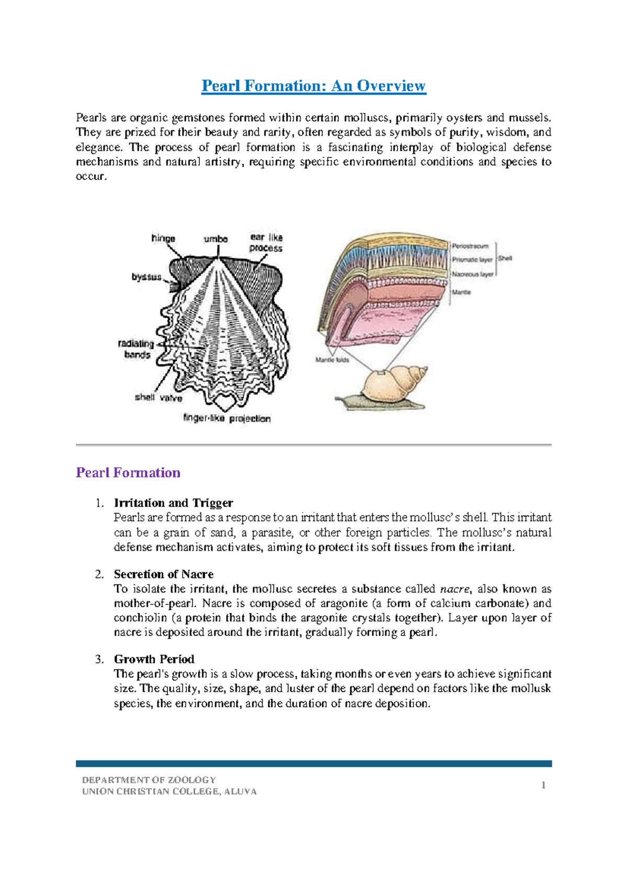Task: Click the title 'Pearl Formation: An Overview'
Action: (x=313, y=86)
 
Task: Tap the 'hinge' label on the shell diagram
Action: (x=163, y=238)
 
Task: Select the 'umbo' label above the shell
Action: (x=216, y=239)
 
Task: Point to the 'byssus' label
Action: (x=146, y=277)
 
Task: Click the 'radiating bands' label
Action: (x=137, y=349)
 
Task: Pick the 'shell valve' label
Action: (x=158, y=397)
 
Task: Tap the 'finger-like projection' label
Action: (x=227, y=418)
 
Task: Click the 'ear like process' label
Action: (x=266, y=243)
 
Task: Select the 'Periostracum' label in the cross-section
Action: (x=470, y=246)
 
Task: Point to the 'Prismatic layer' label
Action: (x=472, y=259)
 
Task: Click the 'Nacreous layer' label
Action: (x=473, y=274)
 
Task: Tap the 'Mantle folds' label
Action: (x=332, y=360)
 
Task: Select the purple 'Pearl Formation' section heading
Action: (x=128, y=473)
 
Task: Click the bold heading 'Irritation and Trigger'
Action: (x=173, y=503)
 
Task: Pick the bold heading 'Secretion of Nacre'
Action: (x=163, y=574)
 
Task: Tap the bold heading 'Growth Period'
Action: (x=154, y=659)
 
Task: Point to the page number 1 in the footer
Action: (x=544, y=785)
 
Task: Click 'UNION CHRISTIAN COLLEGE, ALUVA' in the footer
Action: (x=169, y=792)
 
